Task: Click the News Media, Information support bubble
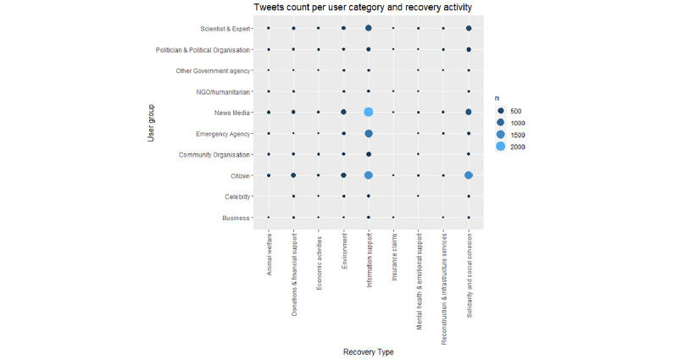[369, 112]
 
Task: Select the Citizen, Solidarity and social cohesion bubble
[469, 175]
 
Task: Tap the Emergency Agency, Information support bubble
[369, 133]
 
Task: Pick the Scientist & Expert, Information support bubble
[369, 28]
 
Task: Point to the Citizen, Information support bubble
[369, 175]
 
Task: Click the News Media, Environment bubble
[343, 112]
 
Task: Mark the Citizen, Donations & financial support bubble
[293, 175]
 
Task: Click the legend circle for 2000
[500, 147]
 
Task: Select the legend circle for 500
[500, 110]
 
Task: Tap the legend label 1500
[521, 135]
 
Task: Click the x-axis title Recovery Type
[369, 352]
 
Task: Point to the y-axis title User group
[151, 123]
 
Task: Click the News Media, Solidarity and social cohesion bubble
[469, 112]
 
